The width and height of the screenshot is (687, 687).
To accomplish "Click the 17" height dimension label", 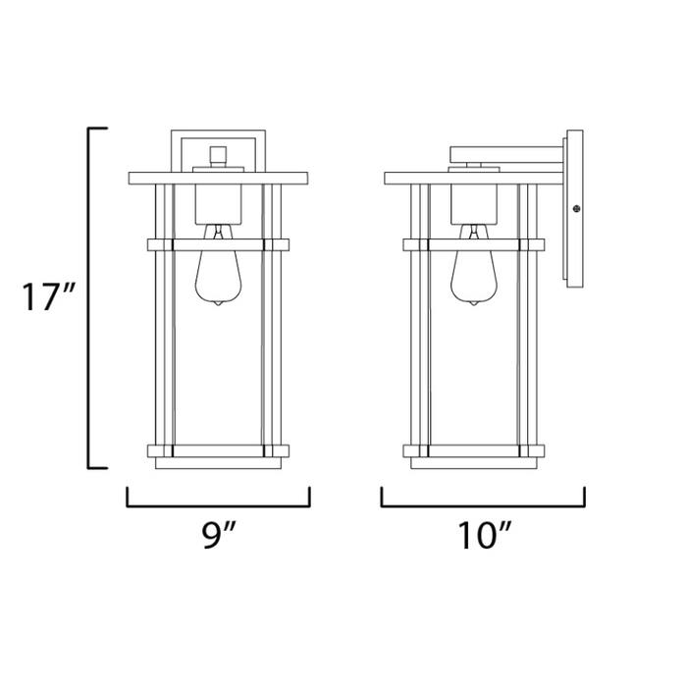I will point(44,296).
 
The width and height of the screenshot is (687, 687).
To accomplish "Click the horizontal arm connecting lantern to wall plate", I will point(505,153).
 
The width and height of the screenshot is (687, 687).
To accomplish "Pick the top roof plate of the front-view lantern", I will point(218,179).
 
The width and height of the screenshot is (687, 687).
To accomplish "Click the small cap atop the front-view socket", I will point(218,154).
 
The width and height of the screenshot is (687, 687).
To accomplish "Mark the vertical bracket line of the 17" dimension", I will point(90,296).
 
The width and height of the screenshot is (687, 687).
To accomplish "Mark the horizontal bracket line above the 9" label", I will point(218,506).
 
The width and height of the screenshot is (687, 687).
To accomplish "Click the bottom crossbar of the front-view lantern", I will point(218,451).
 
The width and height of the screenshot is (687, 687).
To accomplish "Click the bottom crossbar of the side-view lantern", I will point(473,451).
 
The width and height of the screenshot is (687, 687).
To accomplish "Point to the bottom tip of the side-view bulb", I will point(473,305).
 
